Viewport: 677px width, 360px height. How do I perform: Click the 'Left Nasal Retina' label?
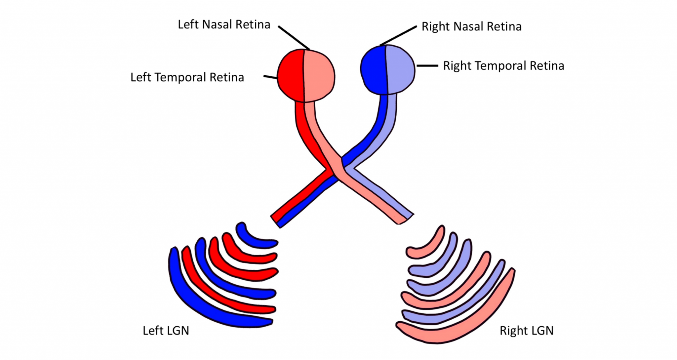[x=224, y=25]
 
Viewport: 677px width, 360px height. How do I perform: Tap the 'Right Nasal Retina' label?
[x=471, y=27]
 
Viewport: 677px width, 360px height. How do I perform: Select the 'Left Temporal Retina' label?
[x=187, y=77]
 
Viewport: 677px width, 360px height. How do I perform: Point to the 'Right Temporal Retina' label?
[x=503, y=66]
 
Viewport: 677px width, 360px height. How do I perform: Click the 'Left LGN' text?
[x=166, y=331]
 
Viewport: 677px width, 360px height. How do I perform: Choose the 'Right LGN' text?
[x=526, y=331]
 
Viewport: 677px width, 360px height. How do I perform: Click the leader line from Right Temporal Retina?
[x=427, y=66]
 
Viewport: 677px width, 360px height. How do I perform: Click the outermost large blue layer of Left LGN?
[x=198, y=304]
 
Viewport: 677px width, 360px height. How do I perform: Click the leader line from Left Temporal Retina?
[x=270, y=77]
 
